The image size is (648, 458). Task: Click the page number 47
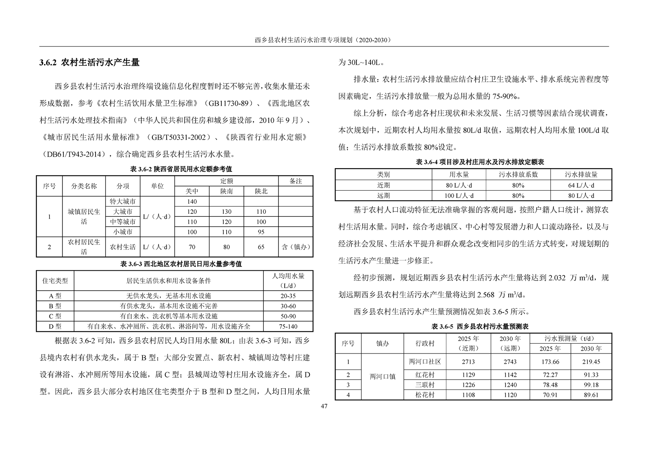click(x=324, y=406)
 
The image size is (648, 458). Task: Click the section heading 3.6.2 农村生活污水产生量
click(x=89, y=62)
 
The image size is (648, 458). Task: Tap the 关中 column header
click(x=192, y=191)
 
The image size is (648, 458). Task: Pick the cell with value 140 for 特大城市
click(x=192, y=201)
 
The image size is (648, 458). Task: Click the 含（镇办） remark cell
click(x=296, y=247)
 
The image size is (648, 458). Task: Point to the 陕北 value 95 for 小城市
click(x=261, y=232)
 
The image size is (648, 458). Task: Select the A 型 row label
click(x=55, y=296)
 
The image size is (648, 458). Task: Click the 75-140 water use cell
click(x=288, y=326)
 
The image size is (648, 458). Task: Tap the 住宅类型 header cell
click(x=55, y=281)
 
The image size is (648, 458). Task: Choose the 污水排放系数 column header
click(x=518, y=174)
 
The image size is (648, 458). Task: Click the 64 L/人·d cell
click(x=581, y=185)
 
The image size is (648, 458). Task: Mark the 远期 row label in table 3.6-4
click(x=383, y=196)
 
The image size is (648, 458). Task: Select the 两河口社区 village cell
click(x=425, y=362)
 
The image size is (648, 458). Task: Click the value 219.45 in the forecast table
click(x=591, y=362)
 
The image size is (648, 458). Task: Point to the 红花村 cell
click(x=425, y=375)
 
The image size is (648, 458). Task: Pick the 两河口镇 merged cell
click(x=383, y=376)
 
